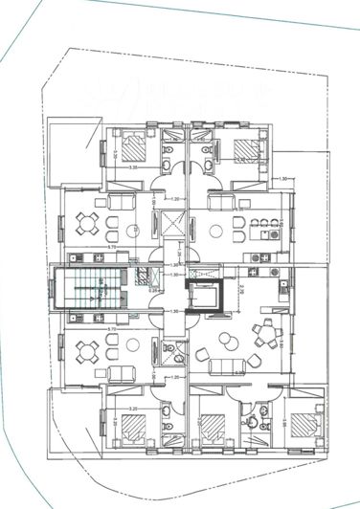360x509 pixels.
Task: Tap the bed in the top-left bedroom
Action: coord(133,147)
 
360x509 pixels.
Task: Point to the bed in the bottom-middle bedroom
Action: coord(211,428)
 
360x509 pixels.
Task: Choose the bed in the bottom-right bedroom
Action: coord(303,424)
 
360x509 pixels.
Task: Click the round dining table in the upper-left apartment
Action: coord(86,224)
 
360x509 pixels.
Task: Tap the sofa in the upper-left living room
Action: coord(121,203)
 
